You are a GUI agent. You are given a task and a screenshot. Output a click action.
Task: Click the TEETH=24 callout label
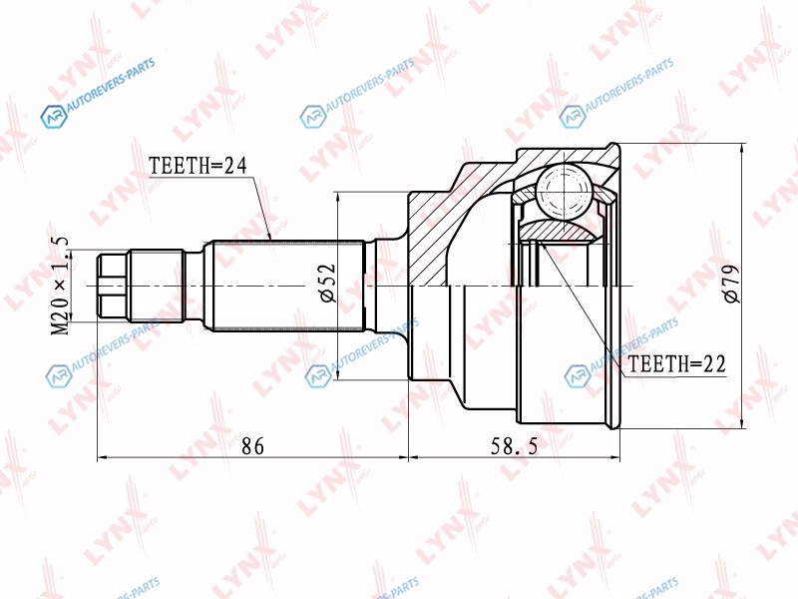click(198, 166)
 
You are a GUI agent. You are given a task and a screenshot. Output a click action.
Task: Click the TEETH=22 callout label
click(676, 364)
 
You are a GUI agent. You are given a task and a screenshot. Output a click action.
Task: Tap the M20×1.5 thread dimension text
click(61, 287)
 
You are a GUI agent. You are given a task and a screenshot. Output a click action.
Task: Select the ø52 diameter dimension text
click(328, 283)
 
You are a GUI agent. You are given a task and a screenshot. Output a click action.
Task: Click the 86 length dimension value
click(253, 446)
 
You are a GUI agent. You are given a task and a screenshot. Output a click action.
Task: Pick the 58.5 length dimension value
click(514, 446)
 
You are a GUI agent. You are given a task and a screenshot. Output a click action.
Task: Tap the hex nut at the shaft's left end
click(113, 286)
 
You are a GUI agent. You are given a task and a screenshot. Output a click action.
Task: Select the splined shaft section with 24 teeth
click(288, 286)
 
